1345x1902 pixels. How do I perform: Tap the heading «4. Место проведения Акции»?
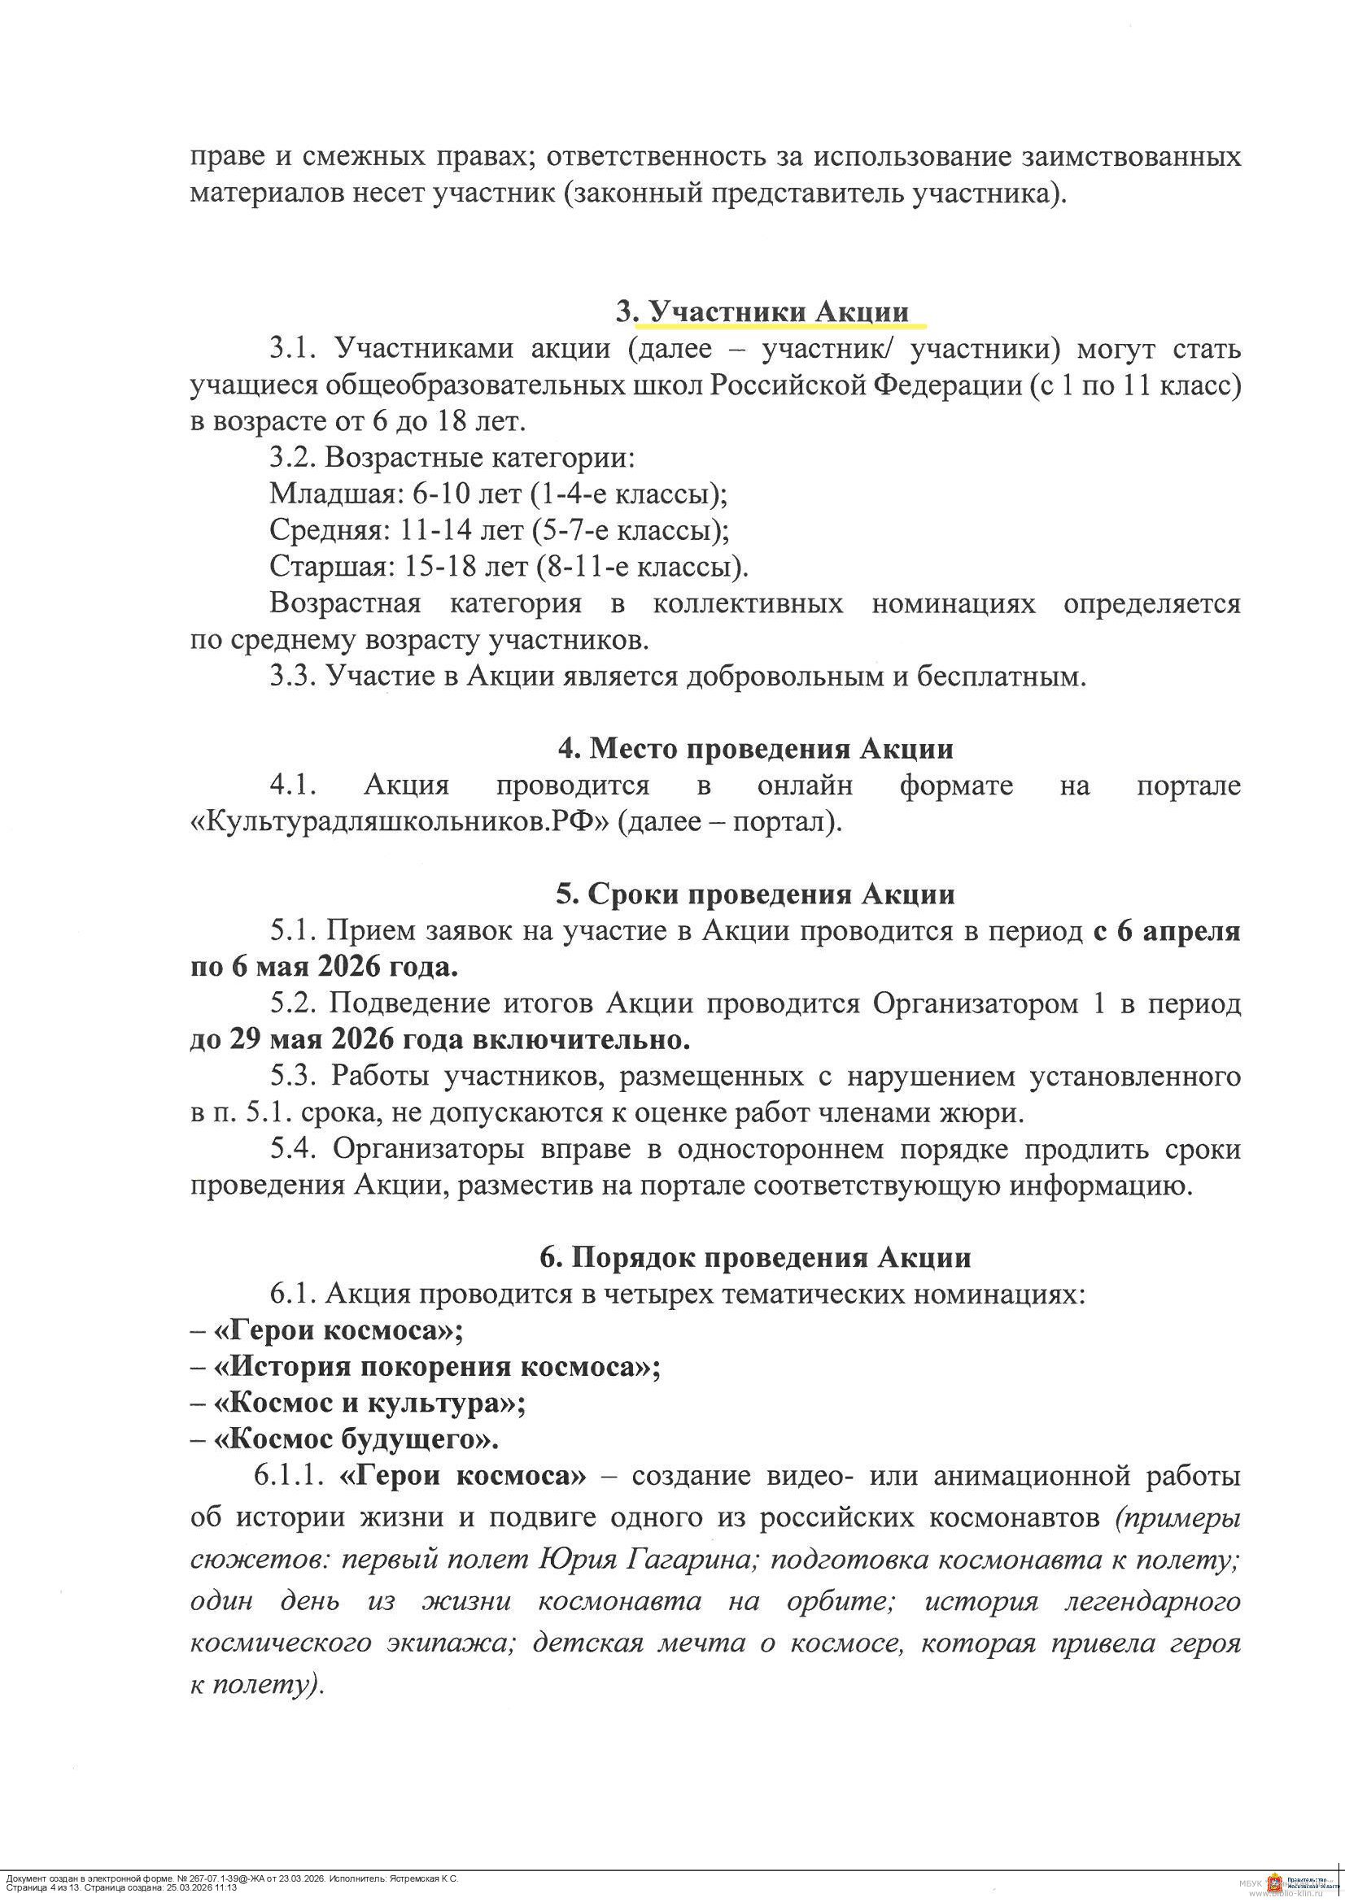tap(755, 749)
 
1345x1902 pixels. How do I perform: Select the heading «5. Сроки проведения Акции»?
tap(755, 894)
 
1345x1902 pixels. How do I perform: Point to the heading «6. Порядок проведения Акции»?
tap(755, 1257)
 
